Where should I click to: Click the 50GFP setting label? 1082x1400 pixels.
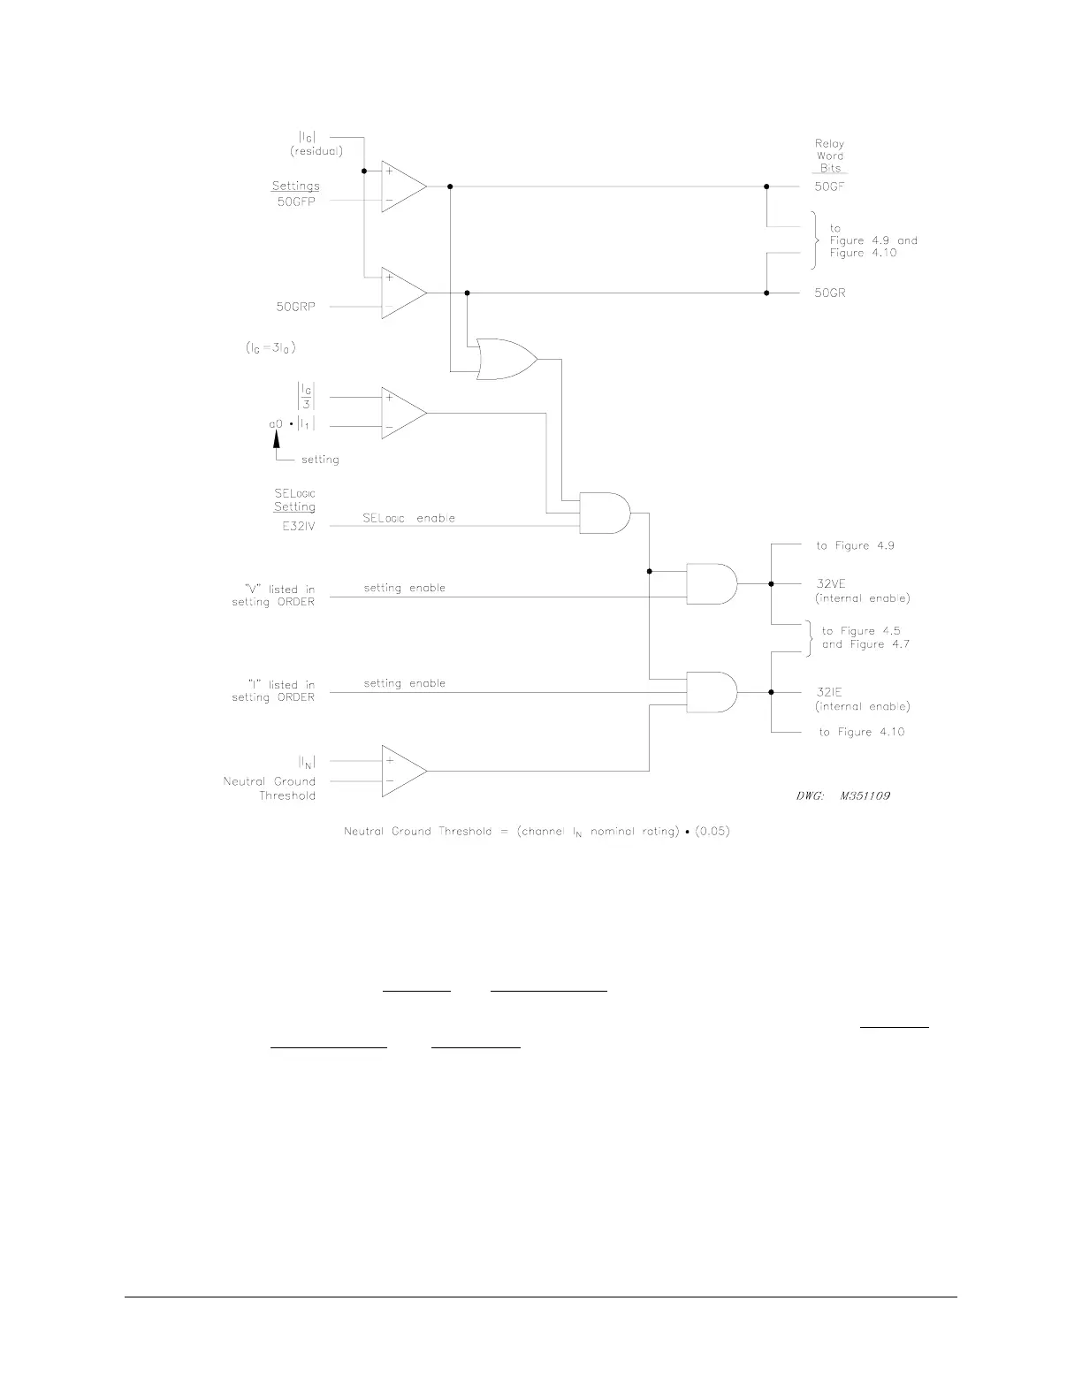click(295, 201)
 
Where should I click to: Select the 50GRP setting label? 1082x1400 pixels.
click(295, 307)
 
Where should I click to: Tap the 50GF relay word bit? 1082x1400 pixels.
click(830, 186)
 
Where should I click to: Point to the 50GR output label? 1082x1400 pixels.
click(830, 293)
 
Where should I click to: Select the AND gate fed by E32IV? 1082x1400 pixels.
click(606, 513)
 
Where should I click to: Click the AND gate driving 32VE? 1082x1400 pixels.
click(712, 583)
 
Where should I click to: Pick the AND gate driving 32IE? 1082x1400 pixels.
click(712, 691)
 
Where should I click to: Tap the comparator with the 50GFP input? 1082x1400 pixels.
click(403, 186)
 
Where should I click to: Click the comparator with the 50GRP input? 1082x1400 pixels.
click(403, 293)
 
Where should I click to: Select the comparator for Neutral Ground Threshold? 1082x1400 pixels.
click(403, 771)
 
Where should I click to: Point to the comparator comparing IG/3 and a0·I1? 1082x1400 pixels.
click(403, 413)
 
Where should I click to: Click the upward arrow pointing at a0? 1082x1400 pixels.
click(276, 441)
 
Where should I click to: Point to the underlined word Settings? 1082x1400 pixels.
click(295, 186)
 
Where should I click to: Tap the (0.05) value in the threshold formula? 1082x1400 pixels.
click(712, 832)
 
